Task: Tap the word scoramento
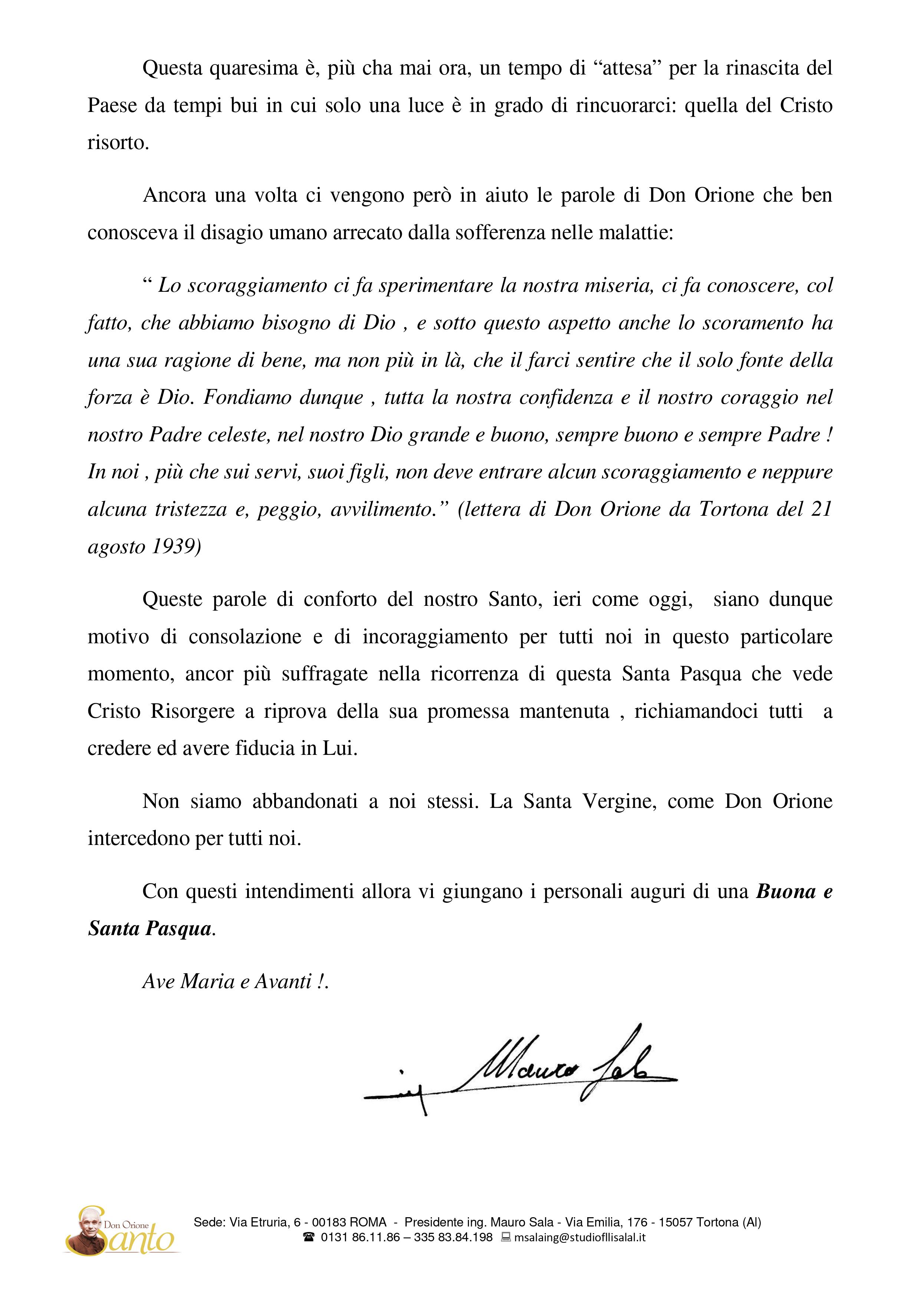coord(753,323)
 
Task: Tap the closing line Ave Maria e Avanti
coord(235,981)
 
